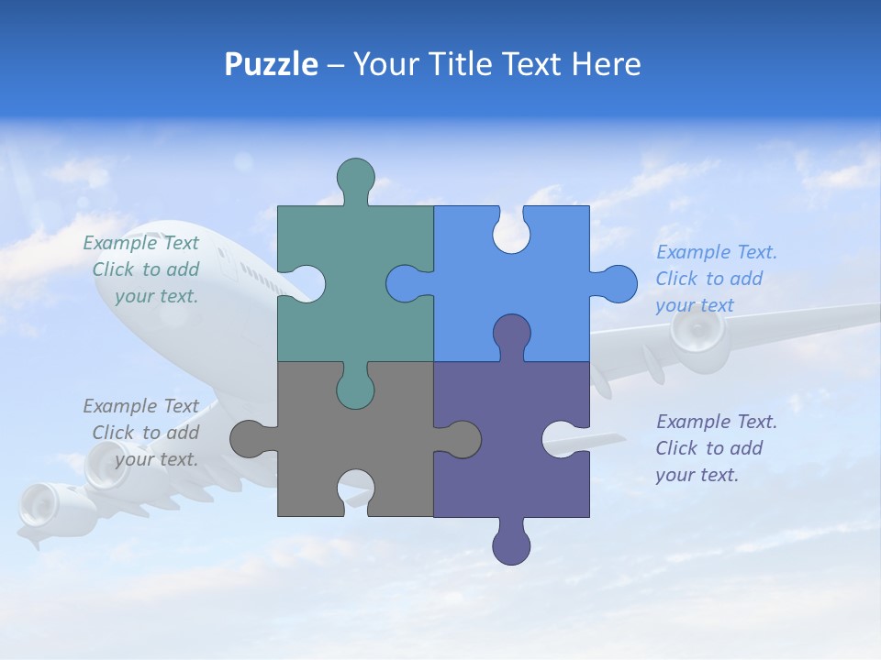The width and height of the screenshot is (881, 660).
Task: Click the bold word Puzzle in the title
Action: [271, 64]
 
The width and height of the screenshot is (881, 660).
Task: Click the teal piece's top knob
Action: [356, 177]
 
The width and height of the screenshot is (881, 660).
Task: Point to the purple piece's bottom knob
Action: [511, 545]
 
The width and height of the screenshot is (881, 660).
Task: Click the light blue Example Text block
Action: [715, 279]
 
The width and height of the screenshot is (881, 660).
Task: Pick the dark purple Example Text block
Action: [715, 448]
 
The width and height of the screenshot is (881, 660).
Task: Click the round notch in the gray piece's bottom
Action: [356, 490]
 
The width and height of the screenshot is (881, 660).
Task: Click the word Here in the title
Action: [606, 64]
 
